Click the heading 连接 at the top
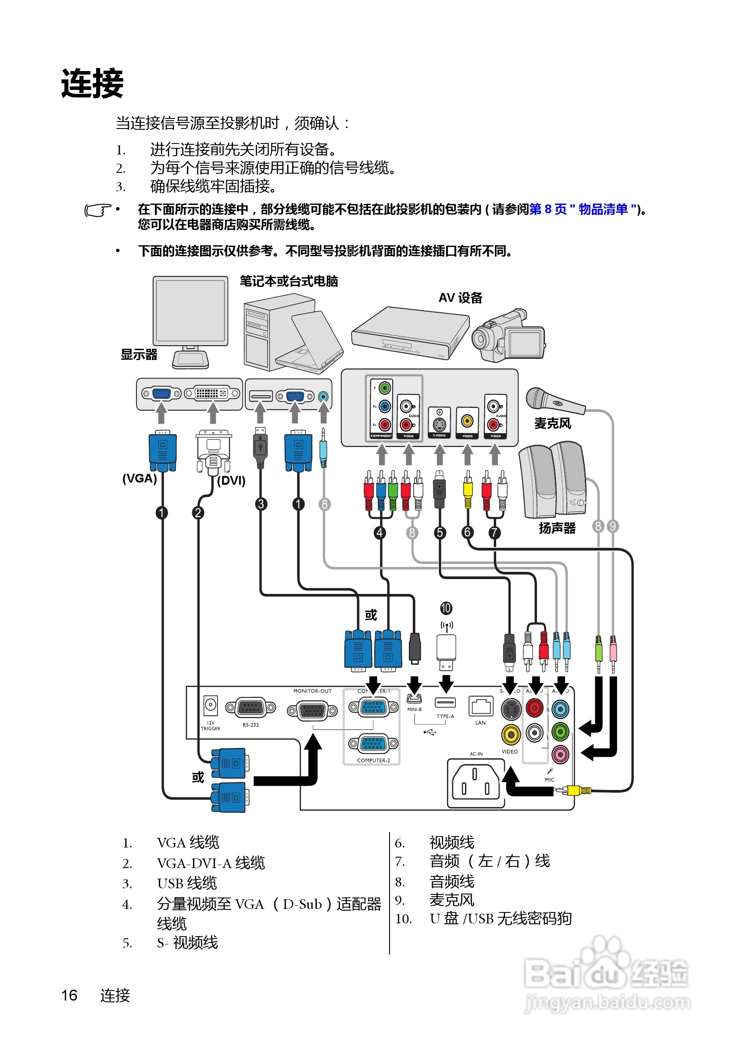[x=92, y=83]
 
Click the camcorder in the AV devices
[x=508, y=336]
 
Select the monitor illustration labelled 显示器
[x=190, y=318]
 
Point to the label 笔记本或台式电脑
[x=289, y=282]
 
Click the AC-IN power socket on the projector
[x=476, y=783]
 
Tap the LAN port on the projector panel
[x=480, y=706]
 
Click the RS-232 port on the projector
[x=250, y=708]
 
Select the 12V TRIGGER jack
[x=210, y=705]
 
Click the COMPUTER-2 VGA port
[x=373, y=744]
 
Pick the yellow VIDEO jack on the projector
[x=511, y=734]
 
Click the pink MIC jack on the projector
[x=560, y=754]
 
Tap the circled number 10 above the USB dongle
[x=446, y=608]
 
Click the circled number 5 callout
[x=440, y=533]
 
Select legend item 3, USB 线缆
[x=187, y=883]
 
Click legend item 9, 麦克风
[x=451, y=900]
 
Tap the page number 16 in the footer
[x=70, y=995]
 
